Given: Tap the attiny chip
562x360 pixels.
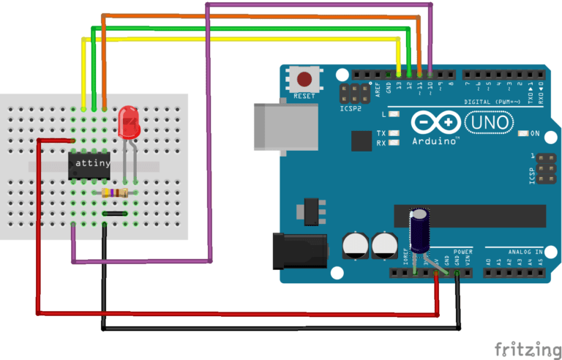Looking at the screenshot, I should pos(91,165).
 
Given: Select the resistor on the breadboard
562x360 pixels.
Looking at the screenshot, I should pos(116,193).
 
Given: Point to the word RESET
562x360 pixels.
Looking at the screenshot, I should pos(304,96).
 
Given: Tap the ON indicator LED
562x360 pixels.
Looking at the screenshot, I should pos(523,134).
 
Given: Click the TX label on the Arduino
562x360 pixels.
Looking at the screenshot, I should pos(381,134).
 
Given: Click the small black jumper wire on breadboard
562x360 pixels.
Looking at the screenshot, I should pos(116,213).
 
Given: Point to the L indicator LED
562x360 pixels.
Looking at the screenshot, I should pos(395,115).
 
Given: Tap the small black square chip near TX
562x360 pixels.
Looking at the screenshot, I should pos(361,140).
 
